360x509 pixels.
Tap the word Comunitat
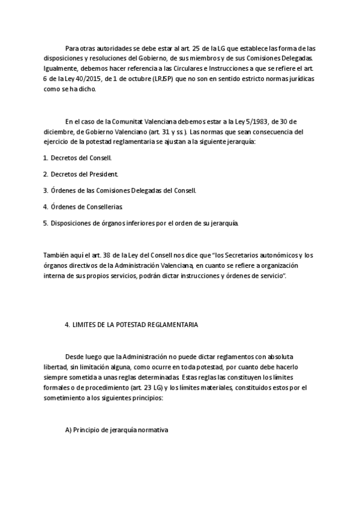pos(124,120)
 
